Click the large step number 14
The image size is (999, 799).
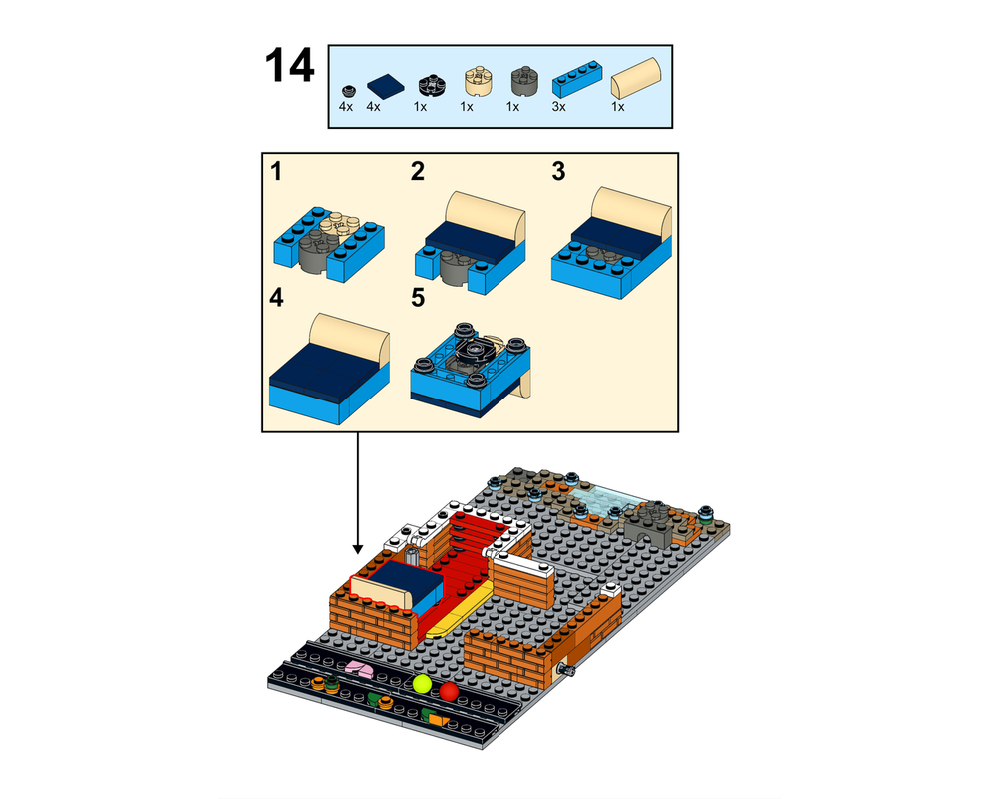click(x=289, y=66)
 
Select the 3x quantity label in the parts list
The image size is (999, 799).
click(x=559, y=106)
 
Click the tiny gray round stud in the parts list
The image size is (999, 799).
click(x=347, y=89)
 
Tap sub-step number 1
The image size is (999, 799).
click(x=276, y=172)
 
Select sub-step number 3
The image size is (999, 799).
click(x=558, y=172)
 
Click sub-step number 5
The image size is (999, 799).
click(x=418, y=298)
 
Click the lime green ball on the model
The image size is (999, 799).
click(x=421, y=686)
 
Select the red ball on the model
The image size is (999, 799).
click(x=449, y=691)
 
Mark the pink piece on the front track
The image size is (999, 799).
click(x=356, y=669)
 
